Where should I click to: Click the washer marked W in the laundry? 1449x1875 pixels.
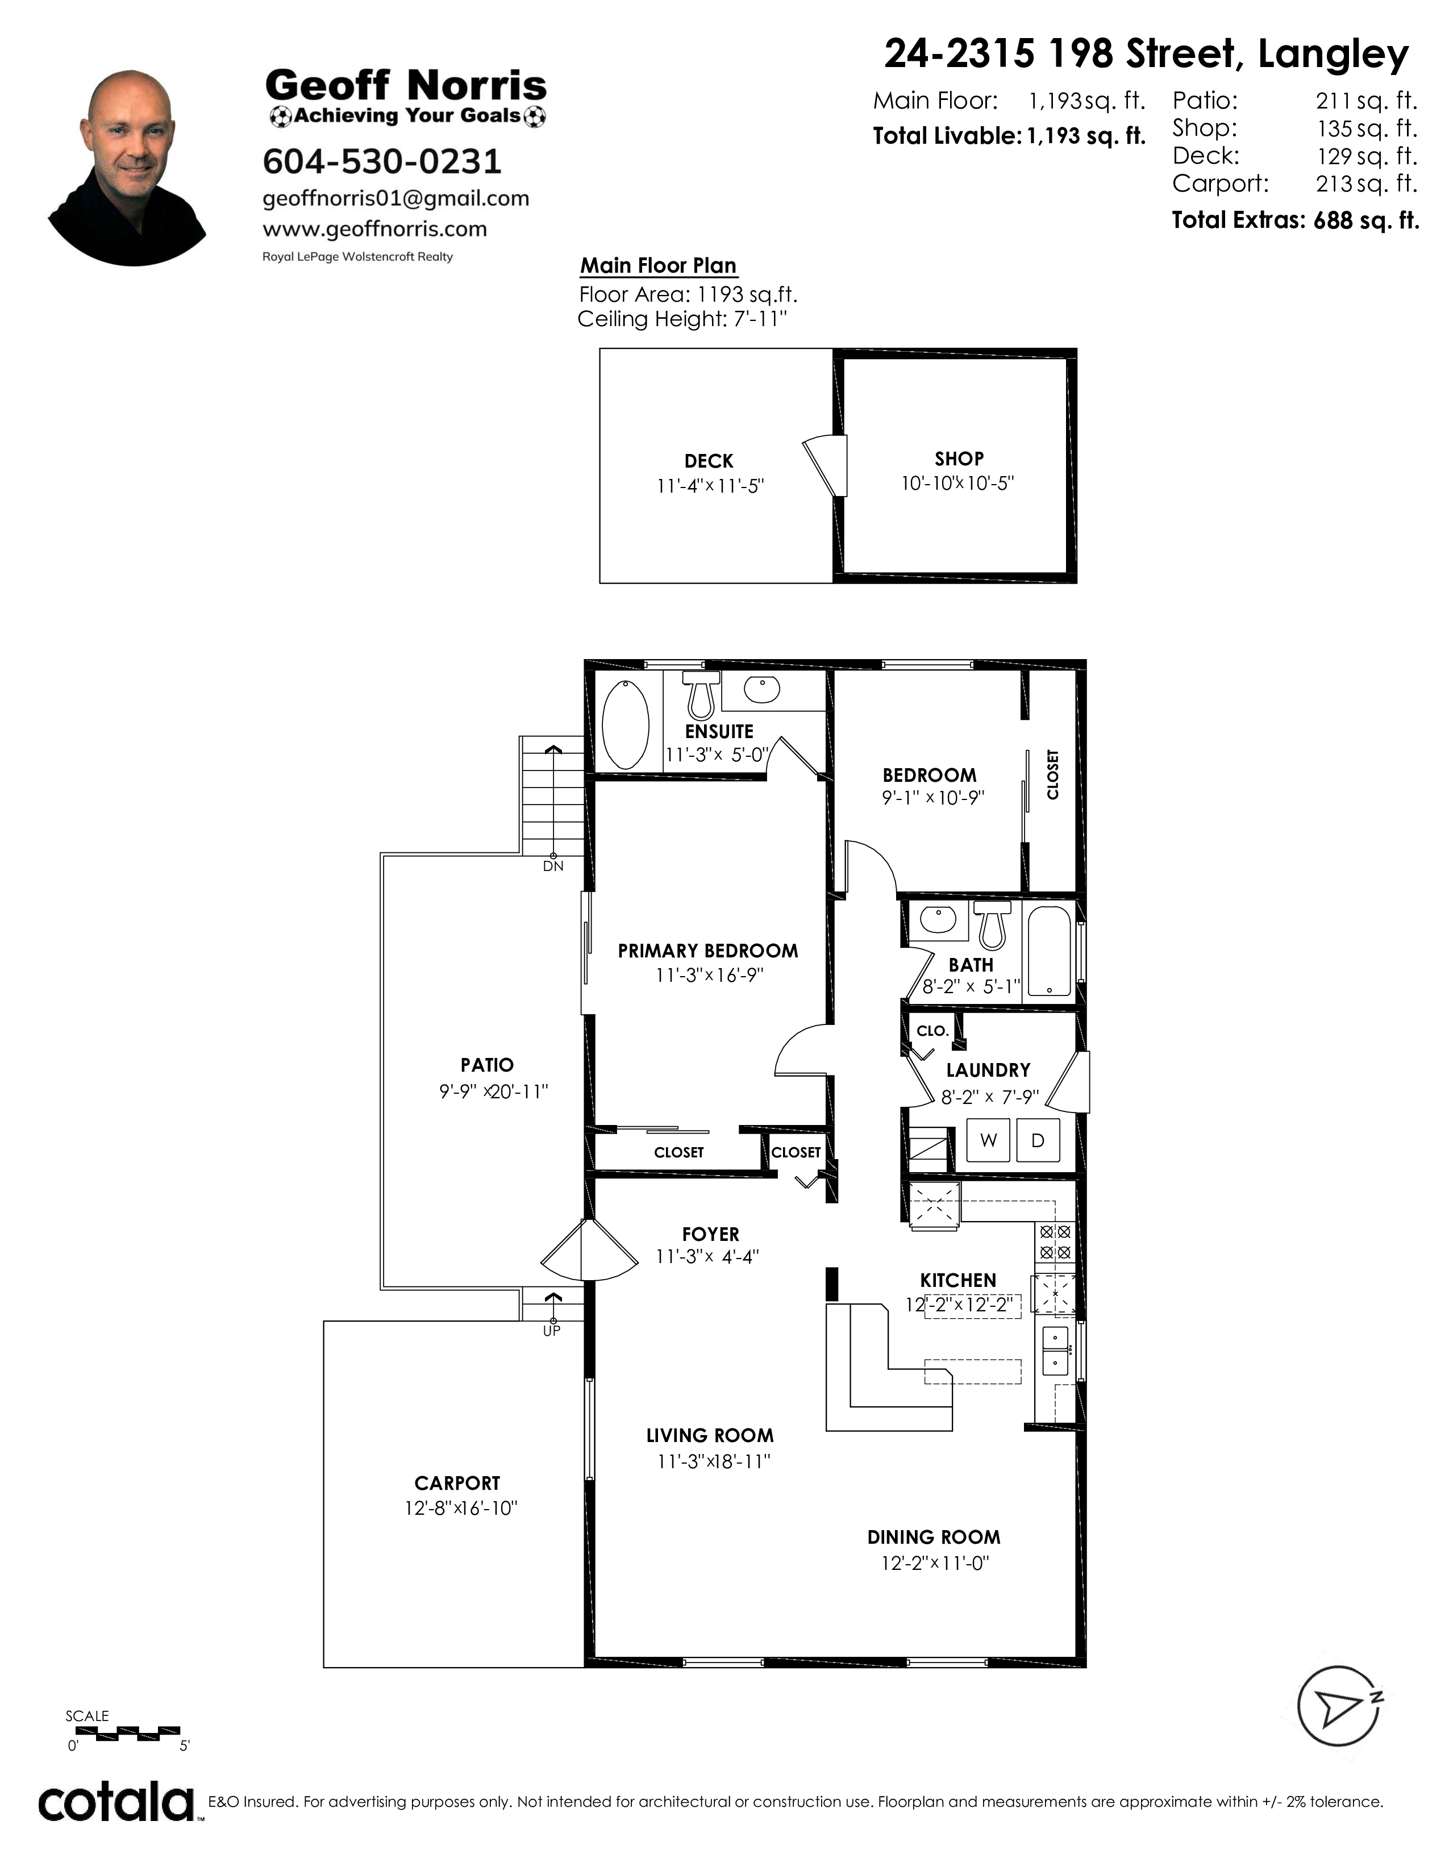988,1140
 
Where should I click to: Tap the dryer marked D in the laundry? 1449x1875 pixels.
1038,1140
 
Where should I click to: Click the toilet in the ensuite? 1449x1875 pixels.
701,694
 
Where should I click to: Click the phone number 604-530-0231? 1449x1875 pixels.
382,161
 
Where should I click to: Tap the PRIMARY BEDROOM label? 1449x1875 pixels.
708,951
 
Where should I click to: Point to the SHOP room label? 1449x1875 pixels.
959,459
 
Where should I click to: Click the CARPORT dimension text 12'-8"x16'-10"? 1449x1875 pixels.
461,1509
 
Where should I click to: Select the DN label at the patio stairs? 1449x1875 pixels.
553,866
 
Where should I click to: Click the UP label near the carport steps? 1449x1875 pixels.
551,1331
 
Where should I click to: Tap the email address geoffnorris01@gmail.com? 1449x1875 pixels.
395,198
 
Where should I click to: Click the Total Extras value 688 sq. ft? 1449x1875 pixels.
1365,220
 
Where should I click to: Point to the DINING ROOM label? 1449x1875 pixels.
934,1537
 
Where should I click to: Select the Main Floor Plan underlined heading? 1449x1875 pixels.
659,266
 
